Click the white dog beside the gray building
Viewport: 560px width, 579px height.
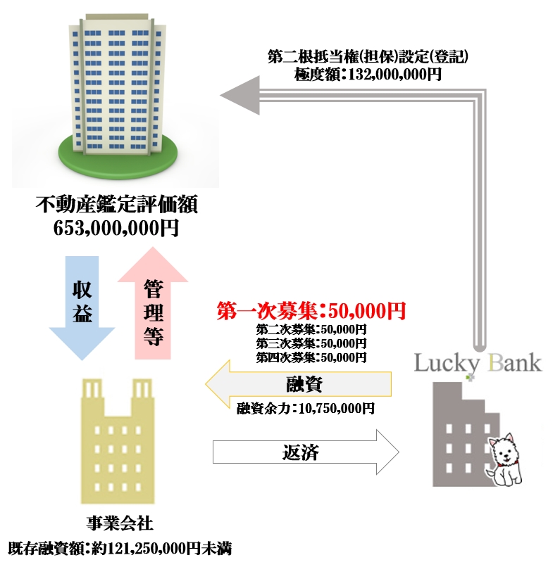pyautogui.click(x=504, y=462)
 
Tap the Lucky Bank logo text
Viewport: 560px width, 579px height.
pyautogui.click(x=478, y=363)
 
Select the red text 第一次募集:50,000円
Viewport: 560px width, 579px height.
pyautogui.click(x=311, y=311)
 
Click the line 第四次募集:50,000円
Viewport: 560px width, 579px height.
pyautogui.click(x=311, y=357)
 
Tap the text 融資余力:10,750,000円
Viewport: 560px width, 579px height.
pyautogui.click(x=305, y=408)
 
